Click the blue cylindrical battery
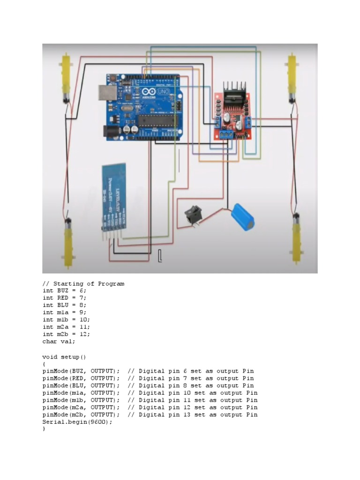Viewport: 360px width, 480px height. (x=244, y=216)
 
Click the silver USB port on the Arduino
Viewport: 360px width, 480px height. (x=106, y=93)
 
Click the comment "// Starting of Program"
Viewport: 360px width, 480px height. (x=83, y=284)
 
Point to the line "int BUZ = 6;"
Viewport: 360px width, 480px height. (x=64, y=291)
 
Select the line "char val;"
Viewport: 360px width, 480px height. (x=59, y=341)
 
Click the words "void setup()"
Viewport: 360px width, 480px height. (x=64, y=356)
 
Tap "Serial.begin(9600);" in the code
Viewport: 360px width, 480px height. (x=77, y=422)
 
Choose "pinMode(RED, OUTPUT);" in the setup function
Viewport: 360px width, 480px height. (x=81, y=378)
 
